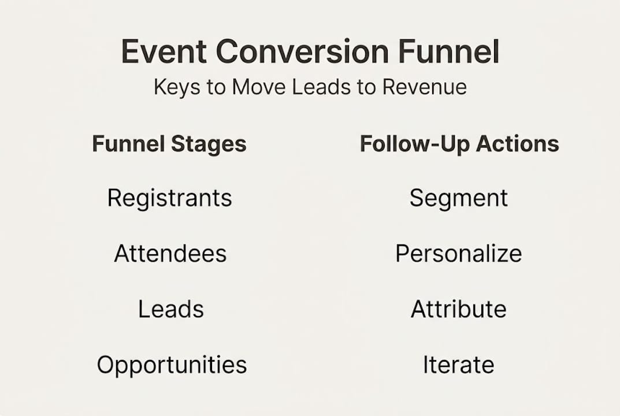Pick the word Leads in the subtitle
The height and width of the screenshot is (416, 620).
(x=323, y=87)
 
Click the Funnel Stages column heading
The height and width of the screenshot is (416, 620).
(x=169, y=144)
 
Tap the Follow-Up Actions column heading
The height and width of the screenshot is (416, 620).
(x=459, y=144)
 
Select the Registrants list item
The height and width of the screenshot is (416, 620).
(x=169, y=198)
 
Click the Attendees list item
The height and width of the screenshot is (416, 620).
(x=170, y=254)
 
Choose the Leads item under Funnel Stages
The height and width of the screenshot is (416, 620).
(x=170, y=309)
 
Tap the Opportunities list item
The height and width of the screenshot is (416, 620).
(x=172, y=365)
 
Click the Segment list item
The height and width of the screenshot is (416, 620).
(x=459, y=198)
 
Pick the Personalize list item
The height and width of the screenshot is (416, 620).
(x=459, y=254)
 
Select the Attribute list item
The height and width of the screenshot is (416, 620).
(x=459, y=309)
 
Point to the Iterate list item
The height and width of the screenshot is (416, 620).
(x=459, y=365)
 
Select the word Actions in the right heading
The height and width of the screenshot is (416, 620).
(x=521, y=144)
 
